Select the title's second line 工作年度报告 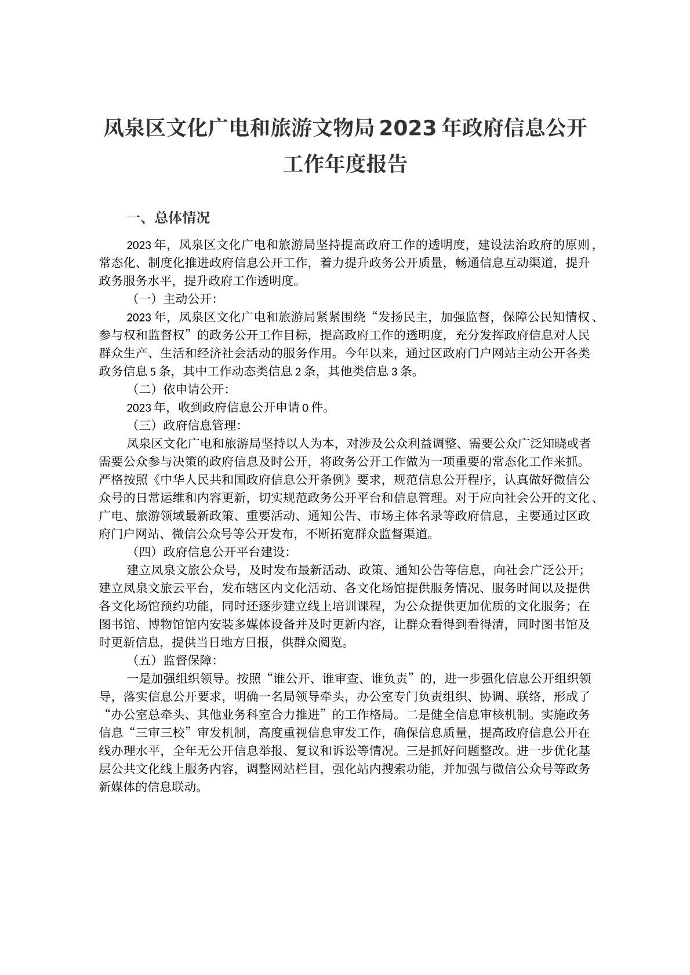tap(344, 164)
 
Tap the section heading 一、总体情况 tap(168, 219)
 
